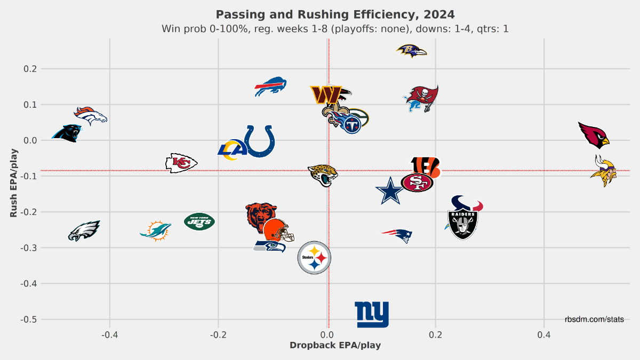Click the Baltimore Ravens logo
pos(412,51)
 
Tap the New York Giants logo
pos(372,315)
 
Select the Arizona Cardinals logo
pos(594,134)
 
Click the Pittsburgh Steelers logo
pos(314,258)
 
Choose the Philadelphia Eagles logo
pos(84,231)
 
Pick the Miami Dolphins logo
pos(156,230)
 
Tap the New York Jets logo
pos(199,221)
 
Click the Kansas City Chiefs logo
pos(181,163)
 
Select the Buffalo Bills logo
pos(271,86)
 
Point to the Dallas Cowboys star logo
pos(390,190)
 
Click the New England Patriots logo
pos(398,234)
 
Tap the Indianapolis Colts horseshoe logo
pos(260,141)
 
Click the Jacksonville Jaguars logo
pos(323,174)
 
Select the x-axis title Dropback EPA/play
pos(335,345)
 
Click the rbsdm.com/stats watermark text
pos(594,319)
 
